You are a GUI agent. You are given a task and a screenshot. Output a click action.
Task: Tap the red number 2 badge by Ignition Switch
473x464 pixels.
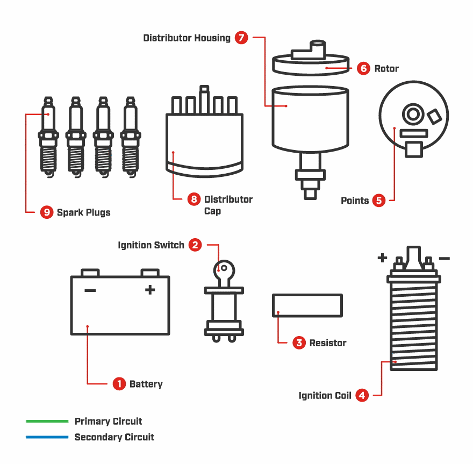pos(196,245)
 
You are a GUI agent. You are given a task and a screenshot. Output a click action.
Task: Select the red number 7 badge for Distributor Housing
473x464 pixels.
pos(241,38)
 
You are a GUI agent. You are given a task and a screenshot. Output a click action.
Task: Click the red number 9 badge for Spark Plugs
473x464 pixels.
pos(47,212)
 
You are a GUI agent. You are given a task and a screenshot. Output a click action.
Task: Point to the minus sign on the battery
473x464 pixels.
pos(90,291)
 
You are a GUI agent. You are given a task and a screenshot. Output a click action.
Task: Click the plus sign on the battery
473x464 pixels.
pos(150,290)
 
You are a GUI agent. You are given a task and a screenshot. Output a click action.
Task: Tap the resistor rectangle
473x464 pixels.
pos(307,305)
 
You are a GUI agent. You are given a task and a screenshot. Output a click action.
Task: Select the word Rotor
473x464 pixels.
pos(386,69)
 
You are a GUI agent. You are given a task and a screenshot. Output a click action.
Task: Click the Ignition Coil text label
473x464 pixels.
pos(325,396)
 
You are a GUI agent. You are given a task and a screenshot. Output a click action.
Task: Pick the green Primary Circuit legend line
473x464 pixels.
pos(47,421)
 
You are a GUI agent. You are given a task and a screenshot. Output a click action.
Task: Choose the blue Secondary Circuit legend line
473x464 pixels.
pos(47,437)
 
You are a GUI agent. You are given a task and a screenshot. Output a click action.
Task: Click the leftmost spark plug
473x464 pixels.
pos(49,137)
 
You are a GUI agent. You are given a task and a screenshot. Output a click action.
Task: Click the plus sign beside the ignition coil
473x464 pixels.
pos(382,258)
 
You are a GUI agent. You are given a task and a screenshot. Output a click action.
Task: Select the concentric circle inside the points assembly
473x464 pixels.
pos(413,114)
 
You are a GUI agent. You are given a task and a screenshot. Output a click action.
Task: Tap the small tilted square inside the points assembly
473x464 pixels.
pos(434,116)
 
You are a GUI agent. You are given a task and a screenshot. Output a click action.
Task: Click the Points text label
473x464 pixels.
pos(355,201)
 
